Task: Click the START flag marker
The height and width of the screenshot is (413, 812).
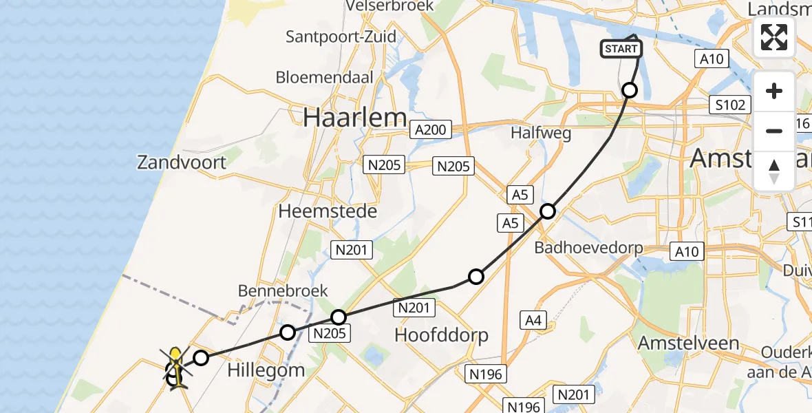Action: tap(621, 49)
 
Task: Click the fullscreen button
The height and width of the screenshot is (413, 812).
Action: tap(774, 37)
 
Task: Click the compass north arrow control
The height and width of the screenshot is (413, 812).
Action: tap(774, 171)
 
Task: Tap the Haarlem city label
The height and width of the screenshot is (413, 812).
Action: tap(354, 118)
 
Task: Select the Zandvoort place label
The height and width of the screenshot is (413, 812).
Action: tap(182, 163)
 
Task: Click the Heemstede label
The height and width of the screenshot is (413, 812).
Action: tap(328, 211)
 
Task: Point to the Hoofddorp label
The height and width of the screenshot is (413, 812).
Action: tap(441, 335)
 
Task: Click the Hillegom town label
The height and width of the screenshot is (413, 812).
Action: tap(266, 370)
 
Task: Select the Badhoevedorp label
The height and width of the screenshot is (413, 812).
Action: tap(588, 247)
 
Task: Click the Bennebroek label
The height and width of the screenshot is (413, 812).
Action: tap(283, 291)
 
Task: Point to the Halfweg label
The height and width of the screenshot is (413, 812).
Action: tap(542, 134)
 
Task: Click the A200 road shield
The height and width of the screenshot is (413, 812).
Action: tap(431, 129)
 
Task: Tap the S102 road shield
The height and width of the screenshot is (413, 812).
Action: tap(729, 105)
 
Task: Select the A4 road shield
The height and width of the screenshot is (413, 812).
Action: tap(532, 319)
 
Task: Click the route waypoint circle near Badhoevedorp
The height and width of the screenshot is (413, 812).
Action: tap(548, 211)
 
